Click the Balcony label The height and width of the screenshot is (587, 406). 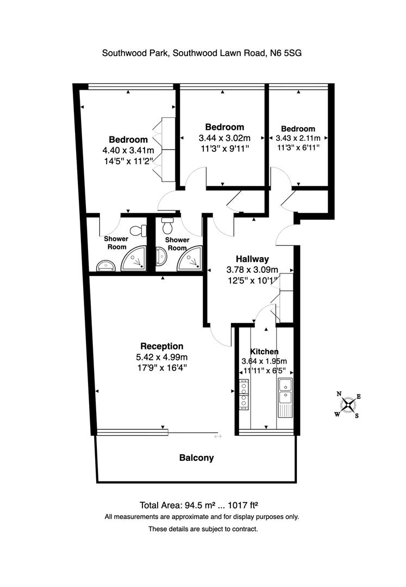click(196, 458)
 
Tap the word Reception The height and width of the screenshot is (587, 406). click(161, 346)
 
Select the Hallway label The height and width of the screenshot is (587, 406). click(252, 259)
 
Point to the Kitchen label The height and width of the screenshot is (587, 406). click(264, 352)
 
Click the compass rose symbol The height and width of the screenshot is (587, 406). click(348, 405)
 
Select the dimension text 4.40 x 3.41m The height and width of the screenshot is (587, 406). click(128, 150)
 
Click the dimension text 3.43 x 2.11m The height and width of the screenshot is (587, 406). click(298, 138)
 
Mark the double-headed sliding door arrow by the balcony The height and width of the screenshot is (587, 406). click(218, 436)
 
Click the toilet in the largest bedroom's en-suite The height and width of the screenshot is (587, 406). click(142, 231)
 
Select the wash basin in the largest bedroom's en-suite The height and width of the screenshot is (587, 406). click(105, 265)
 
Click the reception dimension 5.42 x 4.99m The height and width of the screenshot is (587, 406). click(161, 357)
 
